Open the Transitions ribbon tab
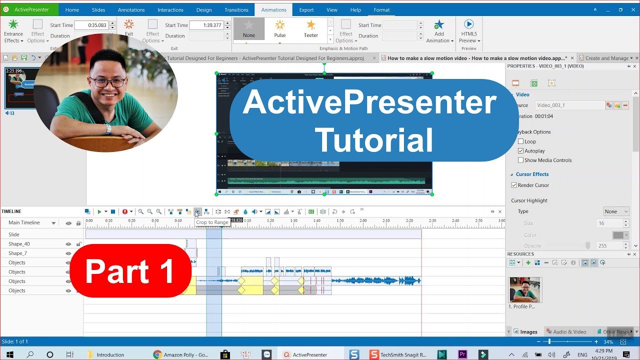pyautogui.click(x=236, y=10)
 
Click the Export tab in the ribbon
pyautogui.click(x=306, y=10)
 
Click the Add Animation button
pyautogui.click(x=439, y=31)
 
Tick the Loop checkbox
pyautogui.click(x=521, y=141)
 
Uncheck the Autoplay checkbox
pyautogui.click(x=521, y=151)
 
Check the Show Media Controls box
pyautogui.click(x=521, y=160)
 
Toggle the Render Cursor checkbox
pyautogui.click(x=514, y=185)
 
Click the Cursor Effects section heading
pyautogui.click(x=532, y=174)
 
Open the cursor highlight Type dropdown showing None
pyautogui.click(x=616, y=211)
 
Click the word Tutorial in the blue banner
pyautogui.click(x=374, y=140)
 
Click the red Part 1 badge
pyautogui.click(x=130, y=271)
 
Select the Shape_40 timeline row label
pyautogui.click(x=19, y=244)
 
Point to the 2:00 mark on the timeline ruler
pyautogui.click(x=363, y=221)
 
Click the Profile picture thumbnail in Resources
pyautogui.click(x=524, y=289)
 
